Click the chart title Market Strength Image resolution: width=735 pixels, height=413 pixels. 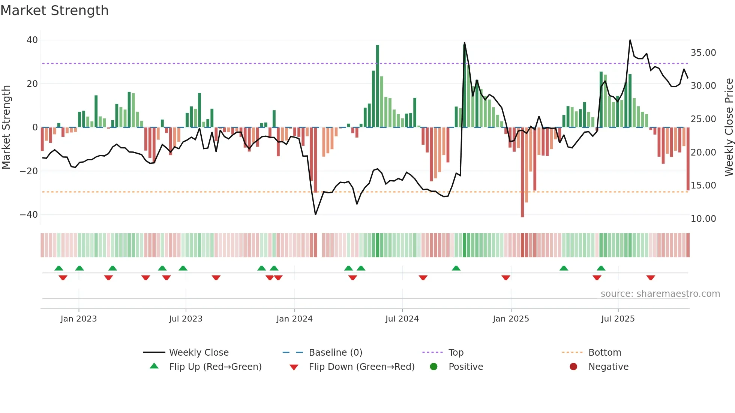coord(54,10)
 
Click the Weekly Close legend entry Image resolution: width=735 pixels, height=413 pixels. coord(198,352)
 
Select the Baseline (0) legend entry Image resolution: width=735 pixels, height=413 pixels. coord(335,352)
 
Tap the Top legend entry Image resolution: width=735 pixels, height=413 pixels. coord(456,352)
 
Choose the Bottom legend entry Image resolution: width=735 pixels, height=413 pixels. coord(604,352)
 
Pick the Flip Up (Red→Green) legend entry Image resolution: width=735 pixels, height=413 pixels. coord(215,367)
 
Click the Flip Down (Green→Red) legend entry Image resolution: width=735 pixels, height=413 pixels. coord(361,367)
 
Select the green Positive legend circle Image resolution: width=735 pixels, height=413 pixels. coord(434,367)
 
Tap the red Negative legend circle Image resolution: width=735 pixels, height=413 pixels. coord(573,367)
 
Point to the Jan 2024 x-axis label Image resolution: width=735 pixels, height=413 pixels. coord(294,319)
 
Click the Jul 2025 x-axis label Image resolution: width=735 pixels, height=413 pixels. coord(618,319)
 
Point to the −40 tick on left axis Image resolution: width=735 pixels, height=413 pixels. coord(29,215)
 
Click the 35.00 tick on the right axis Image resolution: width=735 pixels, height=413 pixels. coord(703,53)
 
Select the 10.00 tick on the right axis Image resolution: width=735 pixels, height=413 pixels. coord(703,219)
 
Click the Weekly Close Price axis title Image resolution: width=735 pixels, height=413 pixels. coord(729,127)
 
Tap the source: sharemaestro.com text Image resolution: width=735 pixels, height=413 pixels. coord(660,294)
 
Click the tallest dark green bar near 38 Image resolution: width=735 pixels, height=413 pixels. coord(378,86)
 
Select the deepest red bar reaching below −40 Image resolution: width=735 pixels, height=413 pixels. coord(522,172)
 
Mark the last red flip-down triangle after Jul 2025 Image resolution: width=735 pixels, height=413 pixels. coord(651,278)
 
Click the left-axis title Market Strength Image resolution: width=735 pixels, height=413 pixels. coord(6,127)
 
